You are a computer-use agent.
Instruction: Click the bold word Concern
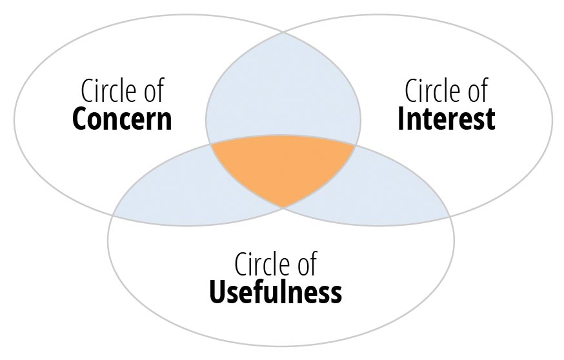pos(122,119)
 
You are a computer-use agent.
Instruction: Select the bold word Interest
pos(447,119)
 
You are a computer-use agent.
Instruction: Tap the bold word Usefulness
pos(276,292)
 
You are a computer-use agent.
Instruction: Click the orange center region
pos(283,165)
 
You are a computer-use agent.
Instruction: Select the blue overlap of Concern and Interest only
pos(283,90)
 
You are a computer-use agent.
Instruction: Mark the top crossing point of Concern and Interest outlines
pos(283,33)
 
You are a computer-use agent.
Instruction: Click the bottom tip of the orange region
pos(283,208)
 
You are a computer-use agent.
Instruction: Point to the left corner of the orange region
pos(211,145)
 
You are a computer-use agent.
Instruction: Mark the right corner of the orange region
pos(356,145)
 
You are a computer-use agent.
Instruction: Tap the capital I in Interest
pos(401,119)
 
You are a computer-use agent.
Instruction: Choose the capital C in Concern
pos(79,119)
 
